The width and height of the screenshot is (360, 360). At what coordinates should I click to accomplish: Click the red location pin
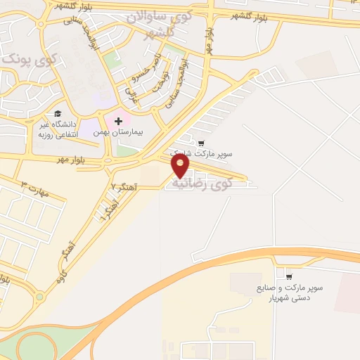(181, 166)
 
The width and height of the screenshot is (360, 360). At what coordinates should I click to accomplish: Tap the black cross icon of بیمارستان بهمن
(118, 121)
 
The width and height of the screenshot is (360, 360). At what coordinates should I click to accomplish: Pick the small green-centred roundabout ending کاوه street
(39, 297)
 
